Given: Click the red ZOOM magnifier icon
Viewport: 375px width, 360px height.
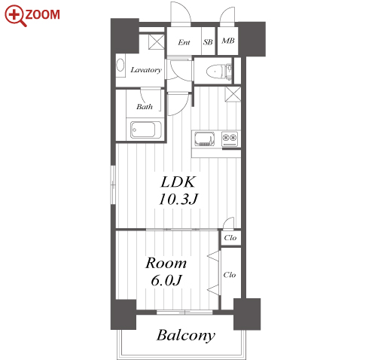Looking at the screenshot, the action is tap(15, 16).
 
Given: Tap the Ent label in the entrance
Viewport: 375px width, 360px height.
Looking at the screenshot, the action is tap(184, 42).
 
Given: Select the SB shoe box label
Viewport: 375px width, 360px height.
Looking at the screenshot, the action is tap(208, 42).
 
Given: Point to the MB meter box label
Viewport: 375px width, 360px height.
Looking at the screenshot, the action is tap(228, 41).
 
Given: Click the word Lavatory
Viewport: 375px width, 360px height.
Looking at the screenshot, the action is tap(146, 70).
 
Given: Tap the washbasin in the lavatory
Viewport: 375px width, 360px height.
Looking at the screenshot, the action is tap(120, 66).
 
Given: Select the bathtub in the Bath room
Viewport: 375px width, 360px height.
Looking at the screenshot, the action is tap(145, 130).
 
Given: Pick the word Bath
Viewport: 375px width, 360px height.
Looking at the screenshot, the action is tap(145, 107).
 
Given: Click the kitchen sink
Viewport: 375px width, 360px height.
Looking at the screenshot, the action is tap(205, 139).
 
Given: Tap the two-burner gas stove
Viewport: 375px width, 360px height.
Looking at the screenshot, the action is tap(230, 139).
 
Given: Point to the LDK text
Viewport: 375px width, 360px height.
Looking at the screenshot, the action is tap(178, 182).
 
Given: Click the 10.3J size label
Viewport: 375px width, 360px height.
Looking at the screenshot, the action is tap(178, 200).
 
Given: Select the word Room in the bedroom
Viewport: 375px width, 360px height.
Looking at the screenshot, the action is tap(166, 263).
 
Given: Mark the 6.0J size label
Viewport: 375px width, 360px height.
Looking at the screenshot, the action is tap(166, 280).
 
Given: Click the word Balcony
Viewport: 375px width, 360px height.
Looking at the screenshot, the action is tap(186, 335).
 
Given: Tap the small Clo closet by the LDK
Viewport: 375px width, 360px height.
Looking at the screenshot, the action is tap(230, 238).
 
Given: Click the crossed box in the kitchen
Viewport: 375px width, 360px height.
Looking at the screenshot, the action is tap(233, 94).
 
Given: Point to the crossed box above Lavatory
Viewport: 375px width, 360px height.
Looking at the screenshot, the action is tap(156, 42).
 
